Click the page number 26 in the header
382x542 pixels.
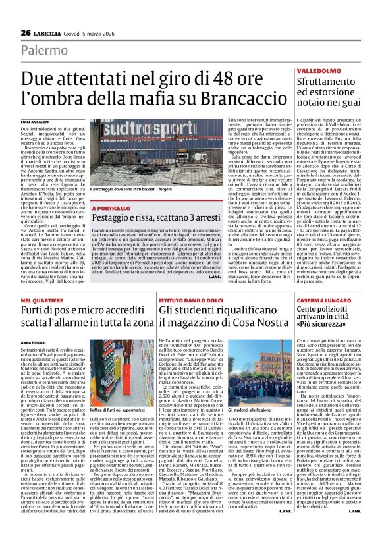[26, 32]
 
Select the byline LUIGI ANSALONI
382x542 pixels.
[36, 123]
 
